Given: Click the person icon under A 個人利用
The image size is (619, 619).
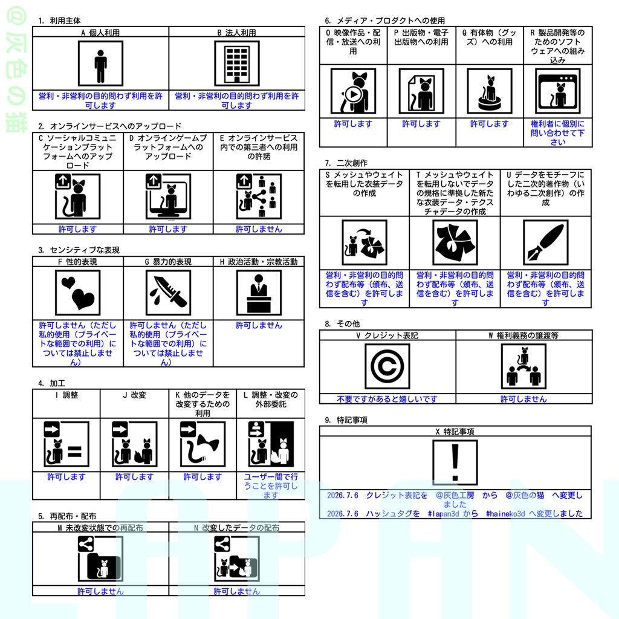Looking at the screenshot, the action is [101, 63].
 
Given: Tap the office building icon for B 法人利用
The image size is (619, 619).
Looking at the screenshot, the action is [237, 63].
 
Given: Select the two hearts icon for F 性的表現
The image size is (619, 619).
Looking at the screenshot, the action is [78, 293].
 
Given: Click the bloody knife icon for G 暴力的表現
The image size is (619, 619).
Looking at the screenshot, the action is [168, 293].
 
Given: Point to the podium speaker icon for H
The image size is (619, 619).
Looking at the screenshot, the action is [259, 293].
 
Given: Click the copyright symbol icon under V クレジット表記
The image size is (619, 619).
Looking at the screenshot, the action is [387, 366].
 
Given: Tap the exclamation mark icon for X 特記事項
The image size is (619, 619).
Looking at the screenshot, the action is [455, 462].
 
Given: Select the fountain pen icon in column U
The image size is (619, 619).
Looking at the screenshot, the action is [546, 242].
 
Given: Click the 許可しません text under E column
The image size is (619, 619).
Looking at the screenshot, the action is [259, 229].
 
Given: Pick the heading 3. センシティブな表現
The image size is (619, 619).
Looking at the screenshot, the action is [79, 250].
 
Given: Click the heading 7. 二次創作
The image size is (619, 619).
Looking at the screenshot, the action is [346, 163].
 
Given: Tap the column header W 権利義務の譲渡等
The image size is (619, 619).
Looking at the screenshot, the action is [523, 335].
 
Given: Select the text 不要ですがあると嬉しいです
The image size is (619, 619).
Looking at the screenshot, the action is [387, 399].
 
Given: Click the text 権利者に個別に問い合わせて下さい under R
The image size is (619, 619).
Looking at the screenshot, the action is [557, 132].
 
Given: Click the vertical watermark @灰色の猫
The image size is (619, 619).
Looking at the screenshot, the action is [16, 70].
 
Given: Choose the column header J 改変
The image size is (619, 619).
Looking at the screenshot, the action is [135, 395].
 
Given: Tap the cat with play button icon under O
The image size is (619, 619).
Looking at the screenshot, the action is [353, 91].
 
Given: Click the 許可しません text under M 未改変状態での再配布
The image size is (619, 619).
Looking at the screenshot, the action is [101, 591].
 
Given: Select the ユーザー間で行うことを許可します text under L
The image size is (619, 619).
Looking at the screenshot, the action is [271, 486].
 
